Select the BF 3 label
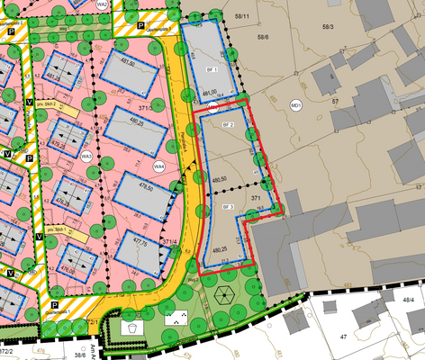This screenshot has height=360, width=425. (x=228, y=208)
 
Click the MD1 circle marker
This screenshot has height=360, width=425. (x=295, y=107)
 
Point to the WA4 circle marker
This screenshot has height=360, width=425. (x=158, y=165)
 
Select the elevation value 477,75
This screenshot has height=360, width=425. (x=140, y=240)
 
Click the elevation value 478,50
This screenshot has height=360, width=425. (x=144, y=189)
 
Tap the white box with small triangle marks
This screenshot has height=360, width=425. (x=176, y=317)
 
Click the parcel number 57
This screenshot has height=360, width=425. (x=334, y=103)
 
